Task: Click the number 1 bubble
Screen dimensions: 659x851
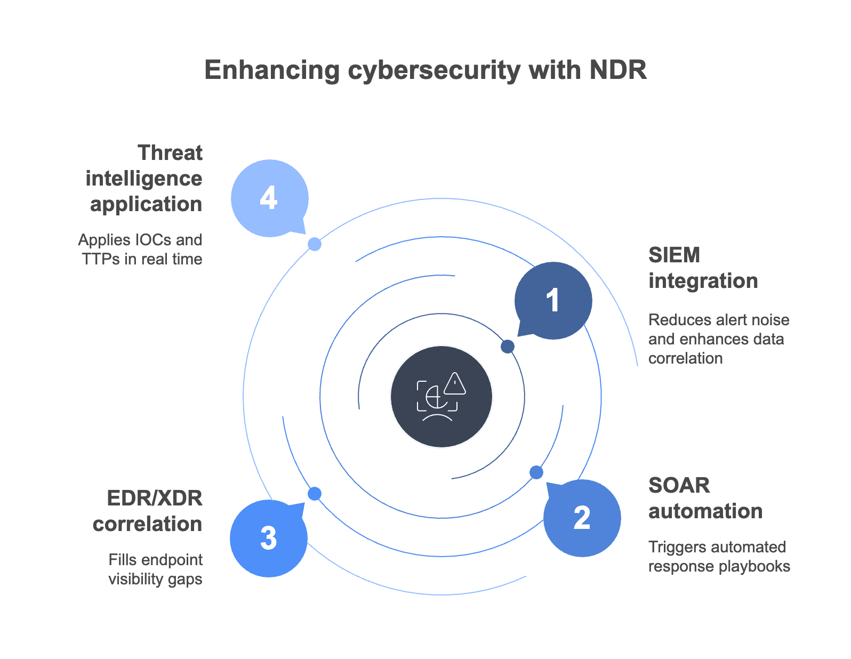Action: [553, 301]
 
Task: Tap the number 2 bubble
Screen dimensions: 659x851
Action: [582, 518]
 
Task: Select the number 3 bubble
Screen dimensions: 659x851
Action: [269, 538]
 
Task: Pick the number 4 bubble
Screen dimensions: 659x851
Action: [269, 198]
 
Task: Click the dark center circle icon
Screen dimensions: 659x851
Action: [441, 397]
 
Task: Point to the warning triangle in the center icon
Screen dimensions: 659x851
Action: [455, 383]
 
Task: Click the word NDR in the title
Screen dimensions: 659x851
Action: [618, 70]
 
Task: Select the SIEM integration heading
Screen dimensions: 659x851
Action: [702, 268]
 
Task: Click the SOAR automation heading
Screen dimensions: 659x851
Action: [704, 498]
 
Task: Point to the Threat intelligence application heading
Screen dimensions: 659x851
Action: [144, 178]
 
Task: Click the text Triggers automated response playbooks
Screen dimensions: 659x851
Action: [719, 556]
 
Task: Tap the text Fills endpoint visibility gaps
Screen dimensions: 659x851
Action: [155, 569]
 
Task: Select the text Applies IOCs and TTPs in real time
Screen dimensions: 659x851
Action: [141, 249]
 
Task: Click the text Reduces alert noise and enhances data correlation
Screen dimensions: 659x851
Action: [718, 339]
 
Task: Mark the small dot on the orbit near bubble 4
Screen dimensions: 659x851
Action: [315, 244]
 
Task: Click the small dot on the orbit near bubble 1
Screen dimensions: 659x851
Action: [508, 347]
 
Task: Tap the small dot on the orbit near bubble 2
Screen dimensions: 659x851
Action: [536, 472]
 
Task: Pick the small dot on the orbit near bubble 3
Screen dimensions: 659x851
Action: [315, 494]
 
